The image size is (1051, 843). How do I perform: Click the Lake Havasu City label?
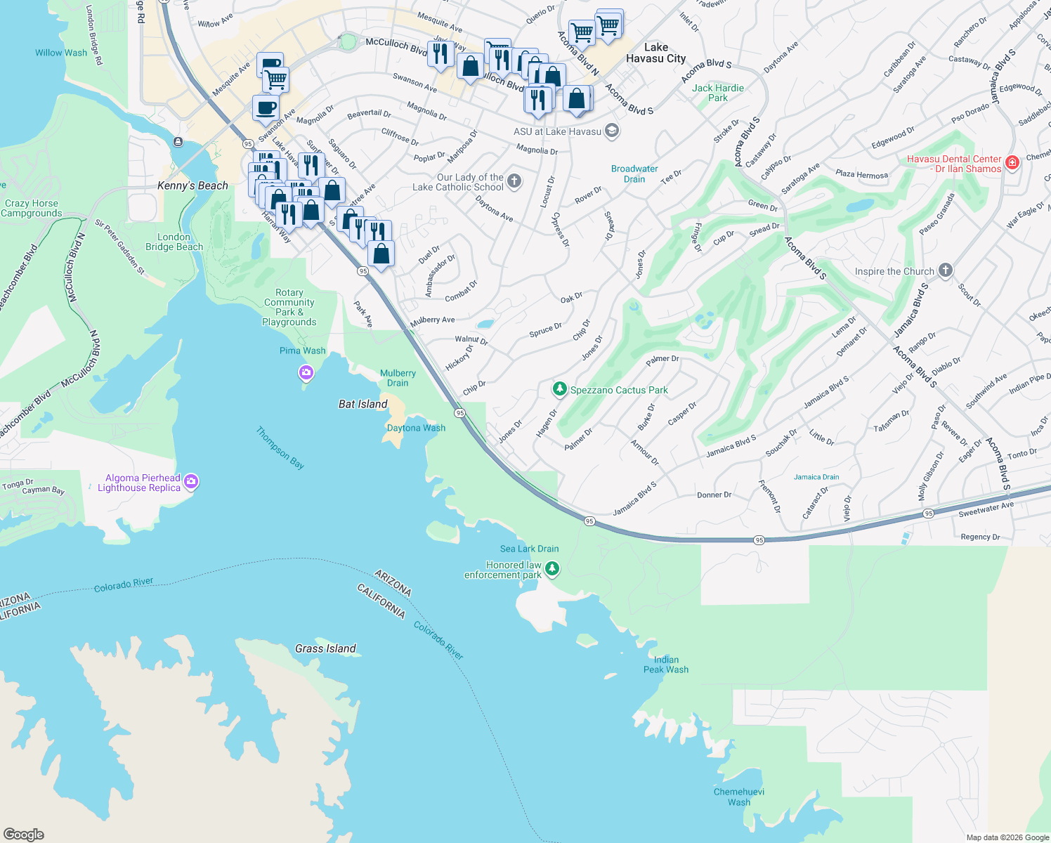pyautogui.click(x=655, y=53)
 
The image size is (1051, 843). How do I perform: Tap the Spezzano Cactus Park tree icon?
pyautogui.click(x=559, y=389)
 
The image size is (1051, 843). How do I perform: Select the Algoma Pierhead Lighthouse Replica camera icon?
pyautogui.click(x=191, y=482)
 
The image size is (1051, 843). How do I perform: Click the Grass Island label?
pyautogui.click(x=325, y=648)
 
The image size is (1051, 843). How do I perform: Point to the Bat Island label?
pyautogui.click(x=363, y=404)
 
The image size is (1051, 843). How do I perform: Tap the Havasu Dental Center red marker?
pyautogui.click(x=1012, y=163)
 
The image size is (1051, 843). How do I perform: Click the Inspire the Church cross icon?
pyautogui.click(x=946, y=270)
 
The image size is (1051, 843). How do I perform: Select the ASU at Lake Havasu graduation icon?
pyautogui.click(x=611, y=131)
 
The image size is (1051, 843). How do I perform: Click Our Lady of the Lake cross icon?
pyautogui.click(x=514, y=181)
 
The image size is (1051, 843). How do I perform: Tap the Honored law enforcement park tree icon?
pyautogui.click(x=552, y=568)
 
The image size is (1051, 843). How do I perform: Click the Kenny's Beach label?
pyautogui.click(x=192, y=185)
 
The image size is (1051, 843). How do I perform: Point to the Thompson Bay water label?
pyautogui.click(x=280, y=447)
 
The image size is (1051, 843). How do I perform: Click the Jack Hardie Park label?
pyautogui.click(x=717, y=93)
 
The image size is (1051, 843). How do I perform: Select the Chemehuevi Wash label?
pyautogui.click(x=738, y=797)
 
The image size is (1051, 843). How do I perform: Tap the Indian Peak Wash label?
pyautogui.click(x=666, y=665)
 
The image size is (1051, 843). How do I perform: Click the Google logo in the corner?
pyautogui.click(x=24, y=834)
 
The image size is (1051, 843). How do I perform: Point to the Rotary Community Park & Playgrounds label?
pyautogui.click(x=289, y=307)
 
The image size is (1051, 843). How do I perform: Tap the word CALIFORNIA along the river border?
pyautogui.click(x=381, y=601)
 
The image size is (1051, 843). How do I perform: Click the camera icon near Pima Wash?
pyautogui.click(x=306, y=372)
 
